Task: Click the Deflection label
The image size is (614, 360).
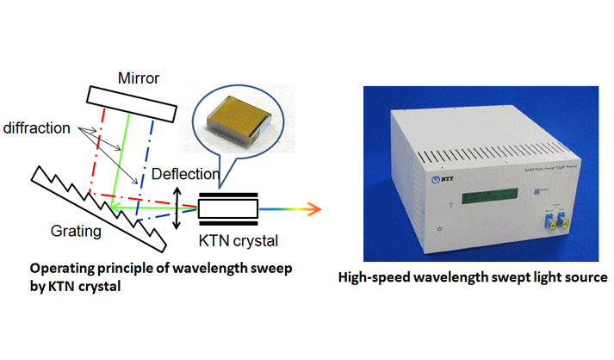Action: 185,175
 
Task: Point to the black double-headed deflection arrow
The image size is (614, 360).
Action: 177,209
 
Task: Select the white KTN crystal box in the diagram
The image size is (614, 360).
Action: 229,208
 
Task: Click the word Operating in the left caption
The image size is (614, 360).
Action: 60,269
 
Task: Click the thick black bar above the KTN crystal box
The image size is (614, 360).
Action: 229,194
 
